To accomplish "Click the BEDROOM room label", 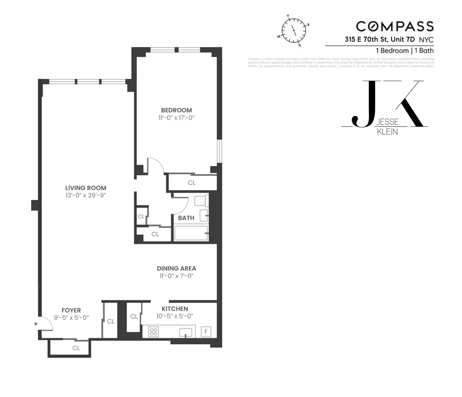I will (x=176, y=110).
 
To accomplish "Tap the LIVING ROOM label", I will (x=86, y=188).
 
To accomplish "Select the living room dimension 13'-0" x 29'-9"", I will (x=86, y=196).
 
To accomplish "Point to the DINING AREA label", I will (x=176, y=268).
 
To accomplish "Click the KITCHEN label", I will (x=175, y=309).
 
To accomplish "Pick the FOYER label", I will (x=71, y=310).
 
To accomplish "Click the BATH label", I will (x=186, y=218).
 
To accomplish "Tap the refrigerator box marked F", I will (x=206, y=332).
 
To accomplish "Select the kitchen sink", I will (x=186, y=332).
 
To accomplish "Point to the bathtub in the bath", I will (x=191, y=233).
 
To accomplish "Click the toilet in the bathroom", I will (x=201, y=201).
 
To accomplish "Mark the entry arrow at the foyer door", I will (x=36, y=323).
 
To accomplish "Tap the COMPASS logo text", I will (x=395, y=26).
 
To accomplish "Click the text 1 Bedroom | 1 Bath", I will (x=405, y=51).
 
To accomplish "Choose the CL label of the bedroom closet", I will (x=192, y=183).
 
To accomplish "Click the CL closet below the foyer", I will (x=76, y=348).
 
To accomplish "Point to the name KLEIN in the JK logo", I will (x=387, y=132).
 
